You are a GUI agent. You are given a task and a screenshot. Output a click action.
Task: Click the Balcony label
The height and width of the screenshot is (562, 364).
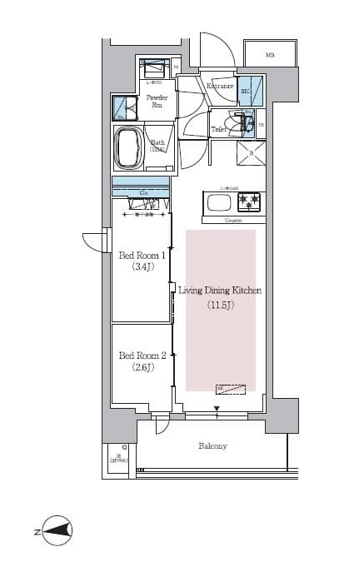pos(212,446)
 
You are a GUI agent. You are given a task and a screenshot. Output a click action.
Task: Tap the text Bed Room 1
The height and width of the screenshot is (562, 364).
pos(142,256)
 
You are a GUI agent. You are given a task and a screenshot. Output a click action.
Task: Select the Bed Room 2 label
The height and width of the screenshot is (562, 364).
pos(142,355)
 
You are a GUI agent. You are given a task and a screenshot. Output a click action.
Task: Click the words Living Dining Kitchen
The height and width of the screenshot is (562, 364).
pos(221,291)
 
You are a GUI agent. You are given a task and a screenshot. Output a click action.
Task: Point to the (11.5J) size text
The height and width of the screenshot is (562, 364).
pos(221,306)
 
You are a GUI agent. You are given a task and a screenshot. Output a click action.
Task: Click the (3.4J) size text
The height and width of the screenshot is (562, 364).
pos(141,268)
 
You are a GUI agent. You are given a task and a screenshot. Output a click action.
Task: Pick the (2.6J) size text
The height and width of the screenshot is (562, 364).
pos(141,367)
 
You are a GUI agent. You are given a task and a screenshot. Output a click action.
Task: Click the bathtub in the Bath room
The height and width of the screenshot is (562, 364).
pos(131,148)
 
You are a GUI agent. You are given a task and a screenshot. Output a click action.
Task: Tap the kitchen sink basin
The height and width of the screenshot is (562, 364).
pos(219,203)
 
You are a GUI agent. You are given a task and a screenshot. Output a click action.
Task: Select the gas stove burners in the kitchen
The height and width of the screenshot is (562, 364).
pos(249,202)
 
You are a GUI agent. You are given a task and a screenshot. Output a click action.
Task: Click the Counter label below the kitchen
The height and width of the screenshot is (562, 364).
pos(233,220)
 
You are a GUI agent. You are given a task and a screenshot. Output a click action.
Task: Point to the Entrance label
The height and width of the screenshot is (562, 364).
pos(220,86)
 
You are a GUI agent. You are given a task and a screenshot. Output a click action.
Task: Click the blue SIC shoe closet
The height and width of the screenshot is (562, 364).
pos(250,89)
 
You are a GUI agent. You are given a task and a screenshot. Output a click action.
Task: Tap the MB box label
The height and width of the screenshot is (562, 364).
pos(270,55)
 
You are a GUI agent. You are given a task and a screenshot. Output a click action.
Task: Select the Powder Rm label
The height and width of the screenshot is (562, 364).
pos(157,102)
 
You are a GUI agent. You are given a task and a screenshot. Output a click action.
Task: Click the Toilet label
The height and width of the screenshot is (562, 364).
pos(220,130)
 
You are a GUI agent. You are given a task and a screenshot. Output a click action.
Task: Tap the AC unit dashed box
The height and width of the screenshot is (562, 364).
pos(231,388)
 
